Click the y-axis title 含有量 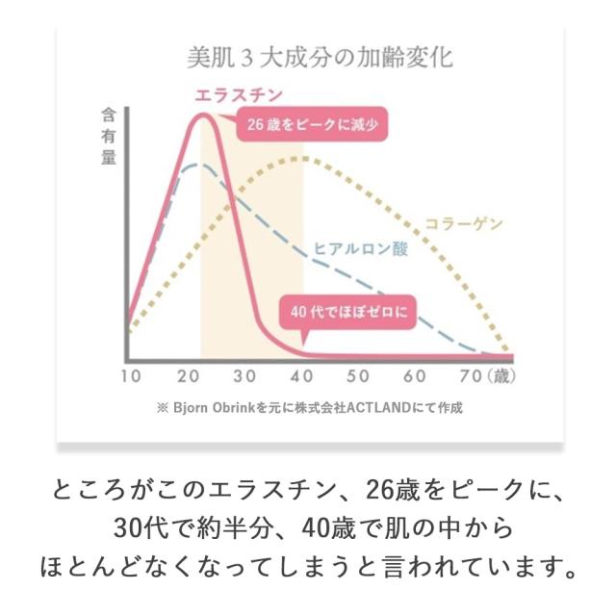109,137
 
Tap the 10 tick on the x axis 132,376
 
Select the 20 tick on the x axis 189,376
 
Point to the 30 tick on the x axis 245,376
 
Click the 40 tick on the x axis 302,376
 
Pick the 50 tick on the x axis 359,376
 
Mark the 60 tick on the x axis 416,376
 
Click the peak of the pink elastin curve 204,116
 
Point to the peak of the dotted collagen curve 302,158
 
